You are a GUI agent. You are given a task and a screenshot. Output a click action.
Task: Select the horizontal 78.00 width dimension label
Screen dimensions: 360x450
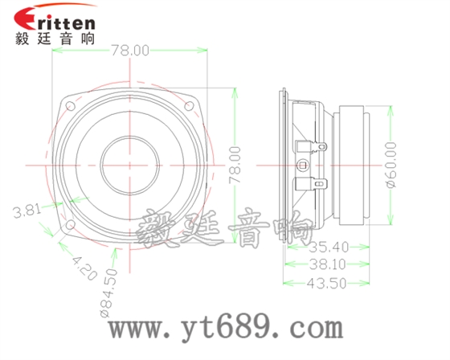tap(130, 51)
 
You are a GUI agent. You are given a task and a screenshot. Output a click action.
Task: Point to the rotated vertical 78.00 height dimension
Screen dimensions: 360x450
tap(235, 165)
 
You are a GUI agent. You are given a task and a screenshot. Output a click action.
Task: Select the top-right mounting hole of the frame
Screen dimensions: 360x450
tap(190, 104)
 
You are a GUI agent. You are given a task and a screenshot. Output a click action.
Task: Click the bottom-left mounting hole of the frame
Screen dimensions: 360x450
tap(72, 224)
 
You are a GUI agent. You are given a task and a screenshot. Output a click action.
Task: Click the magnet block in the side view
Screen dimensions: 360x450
tap(354, 165)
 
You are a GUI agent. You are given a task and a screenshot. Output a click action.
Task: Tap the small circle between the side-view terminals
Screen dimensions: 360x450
tap(303, 165)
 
